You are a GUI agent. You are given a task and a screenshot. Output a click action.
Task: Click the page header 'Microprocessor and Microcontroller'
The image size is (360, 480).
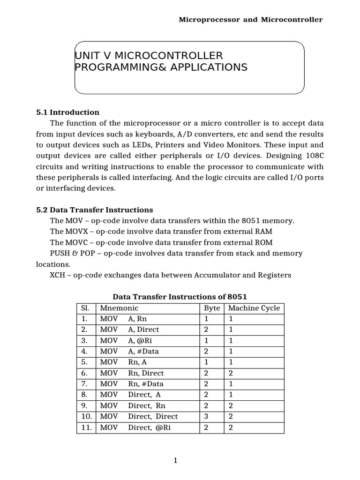(251, 20)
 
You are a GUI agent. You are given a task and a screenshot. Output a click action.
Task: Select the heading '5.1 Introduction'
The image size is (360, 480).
(68, 112)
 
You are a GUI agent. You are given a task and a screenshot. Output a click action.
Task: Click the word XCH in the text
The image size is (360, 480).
(58, 275)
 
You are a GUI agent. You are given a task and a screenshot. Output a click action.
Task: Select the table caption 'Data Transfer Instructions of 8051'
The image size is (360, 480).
(180, 297)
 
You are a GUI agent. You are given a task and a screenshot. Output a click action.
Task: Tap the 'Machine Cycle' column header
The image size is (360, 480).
(254, 308)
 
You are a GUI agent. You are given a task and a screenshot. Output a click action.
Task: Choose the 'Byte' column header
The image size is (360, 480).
(212, 308)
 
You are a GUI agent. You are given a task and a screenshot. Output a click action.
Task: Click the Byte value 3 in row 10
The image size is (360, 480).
(206, 417)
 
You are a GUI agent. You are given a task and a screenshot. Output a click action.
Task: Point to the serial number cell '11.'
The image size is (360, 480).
(85, 427)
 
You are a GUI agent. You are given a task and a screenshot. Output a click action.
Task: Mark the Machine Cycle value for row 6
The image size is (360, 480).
(231, 374)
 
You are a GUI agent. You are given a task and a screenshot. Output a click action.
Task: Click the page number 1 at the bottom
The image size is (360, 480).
(175, 461)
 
